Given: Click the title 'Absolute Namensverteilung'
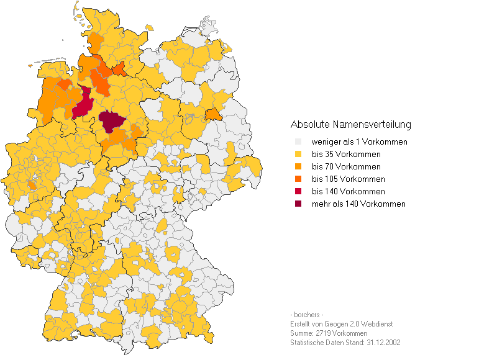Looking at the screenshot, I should point(350,125).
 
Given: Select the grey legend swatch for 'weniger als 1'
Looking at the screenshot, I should point(298,142).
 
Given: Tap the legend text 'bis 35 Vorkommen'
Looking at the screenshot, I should point(346,155).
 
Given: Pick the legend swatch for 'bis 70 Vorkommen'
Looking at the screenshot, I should point(298,167).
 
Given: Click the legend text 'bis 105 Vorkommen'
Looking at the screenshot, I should point(348,179).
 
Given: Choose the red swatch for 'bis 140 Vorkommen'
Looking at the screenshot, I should point(298,192).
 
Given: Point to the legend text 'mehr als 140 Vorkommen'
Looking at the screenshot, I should point(358,204).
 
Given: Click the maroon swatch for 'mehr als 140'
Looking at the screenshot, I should point(298,204).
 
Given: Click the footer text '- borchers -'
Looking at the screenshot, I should point(306,315).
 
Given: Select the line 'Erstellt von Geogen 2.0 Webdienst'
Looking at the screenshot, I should point(341,324).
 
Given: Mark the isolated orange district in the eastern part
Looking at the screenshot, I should point(212,115).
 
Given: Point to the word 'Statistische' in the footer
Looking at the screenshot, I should point(308,343).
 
